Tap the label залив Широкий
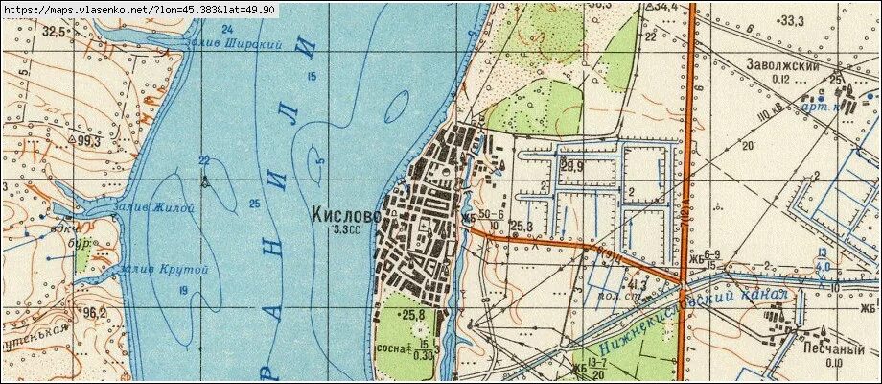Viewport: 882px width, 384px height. pyautogui.click(x=250, y=45)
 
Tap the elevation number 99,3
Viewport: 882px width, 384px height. pyautogui.click(x=91, y=141)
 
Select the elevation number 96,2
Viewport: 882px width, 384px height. pyautogui.click(x=94, y=313)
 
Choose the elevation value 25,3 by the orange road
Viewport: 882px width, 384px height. pyautogui.click(x=521, y=227)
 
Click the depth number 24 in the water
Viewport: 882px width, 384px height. pyautogui.click(x=227, y=29)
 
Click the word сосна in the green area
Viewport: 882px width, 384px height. pyautogui.click(x=390, y=348)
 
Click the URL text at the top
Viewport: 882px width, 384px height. pyautogui.click(x=139, y=9)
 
